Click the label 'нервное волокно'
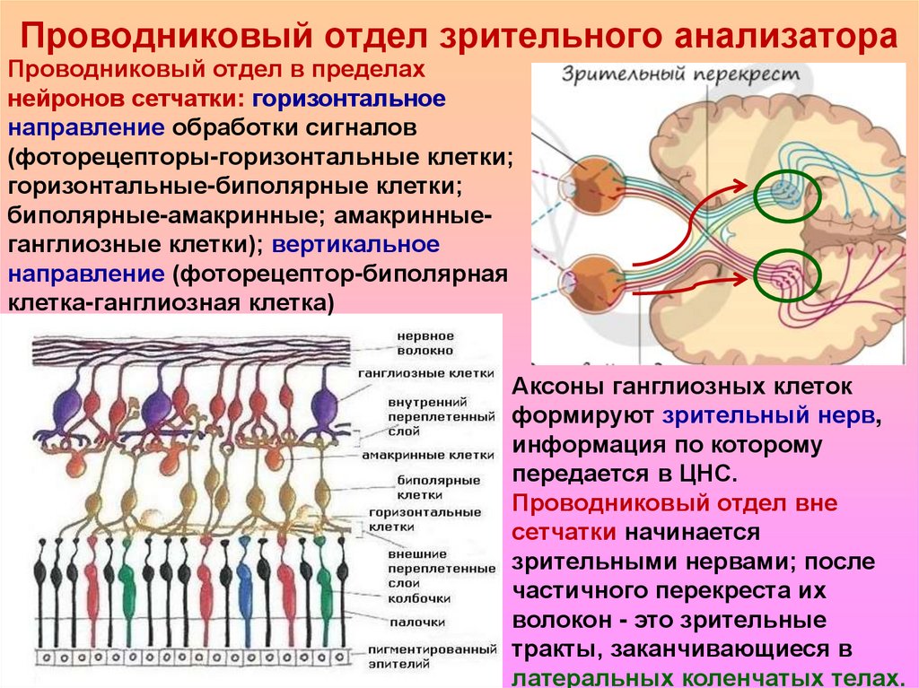[426, 343]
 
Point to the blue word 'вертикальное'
[356, 244]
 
